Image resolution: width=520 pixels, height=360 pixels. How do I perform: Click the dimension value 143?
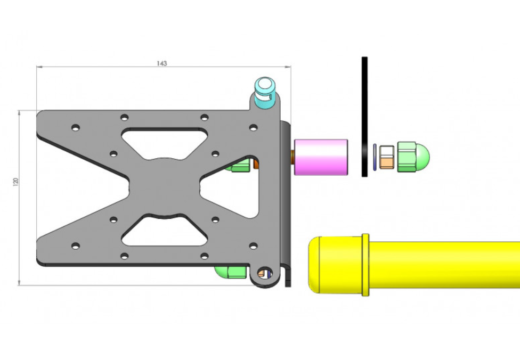(162, 63)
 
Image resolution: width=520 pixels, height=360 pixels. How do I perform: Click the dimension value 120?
(15, 182)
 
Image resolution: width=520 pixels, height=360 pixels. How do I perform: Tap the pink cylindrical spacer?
(321, 157)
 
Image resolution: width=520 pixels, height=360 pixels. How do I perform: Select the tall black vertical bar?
(364, 117)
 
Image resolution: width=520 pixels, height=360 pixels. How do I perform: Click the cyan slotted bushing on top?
(265, 92)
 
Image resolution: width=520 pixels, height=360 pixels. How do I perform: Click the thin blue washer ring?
(375, 157)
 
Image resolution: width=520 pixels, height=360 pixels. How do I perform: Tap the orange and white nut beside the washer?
(387, 157)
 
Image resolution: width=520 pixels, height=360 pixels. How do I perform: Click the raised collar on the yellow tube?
(365, 265)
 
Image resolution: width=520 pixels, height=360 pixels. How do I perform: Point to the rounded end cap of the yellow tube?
(314, 265)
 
